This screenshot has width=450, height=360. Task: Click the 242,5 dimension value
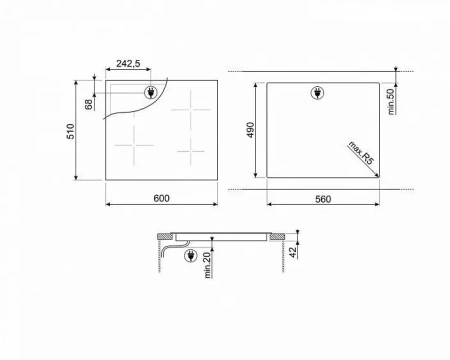128,63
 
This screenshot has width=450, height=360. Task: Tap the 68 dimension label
89,104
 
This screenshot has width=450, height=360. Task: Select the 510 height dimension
71,131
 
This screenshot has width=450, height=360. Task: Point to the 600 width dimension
161,198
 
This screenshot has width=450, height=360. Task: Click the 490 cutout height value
250,130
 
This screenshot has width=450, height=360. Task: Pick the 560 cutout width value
323,199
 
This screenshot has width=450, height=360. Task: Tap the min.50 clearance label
391,101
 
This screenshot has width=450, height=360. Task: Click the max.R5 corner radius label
361,153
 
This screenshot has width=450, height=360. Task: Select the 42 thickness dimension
293,252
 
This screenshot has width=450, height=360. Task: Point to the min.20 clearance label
207,265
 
